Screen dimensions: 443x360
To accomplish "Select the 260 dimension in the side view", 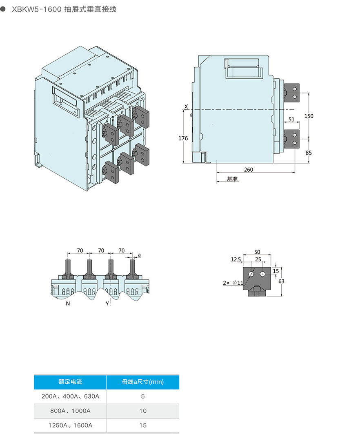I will coord(249,170).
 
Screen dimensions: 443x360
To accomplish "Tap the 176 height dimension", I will coord(183,139).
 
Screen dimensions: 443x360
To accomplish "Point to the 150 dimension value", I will coord(309,116).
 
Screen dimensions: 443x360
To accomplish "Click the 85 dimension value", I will coord(309,153).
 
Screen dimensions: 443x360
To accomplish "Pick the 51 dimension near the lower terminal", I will coord(291,120).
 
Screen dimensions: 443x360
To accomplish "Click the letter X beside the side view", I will coord(186,106).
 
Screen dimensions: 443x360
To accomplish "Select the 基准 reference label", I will coord(233,179).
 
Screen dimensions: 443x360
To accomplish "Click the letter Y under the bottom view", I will coord(107,303).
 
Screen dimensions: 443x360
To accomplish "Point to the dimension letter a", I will coord(139,255).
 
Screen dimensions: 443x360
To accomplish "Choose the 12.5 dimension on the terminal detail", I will coord(236,259).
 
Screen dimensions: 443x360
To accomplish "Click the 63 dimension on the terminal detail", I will coord(282,281).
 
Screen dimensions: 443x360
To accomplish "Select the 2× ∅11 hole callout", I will coord(233,283).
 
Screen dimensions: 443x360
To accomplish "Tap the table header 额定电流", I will coord(70,382).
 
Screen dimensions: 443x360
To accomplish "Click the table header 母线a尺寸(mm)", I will coord(143,382).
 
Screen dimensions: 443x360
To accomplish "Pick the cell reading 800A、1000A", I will coord(70,411).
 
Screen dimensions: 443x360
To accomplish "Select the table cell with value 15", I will coord(143,425).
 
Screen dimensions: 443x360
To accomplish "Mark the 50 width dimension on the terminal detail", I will coord(257,253).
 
